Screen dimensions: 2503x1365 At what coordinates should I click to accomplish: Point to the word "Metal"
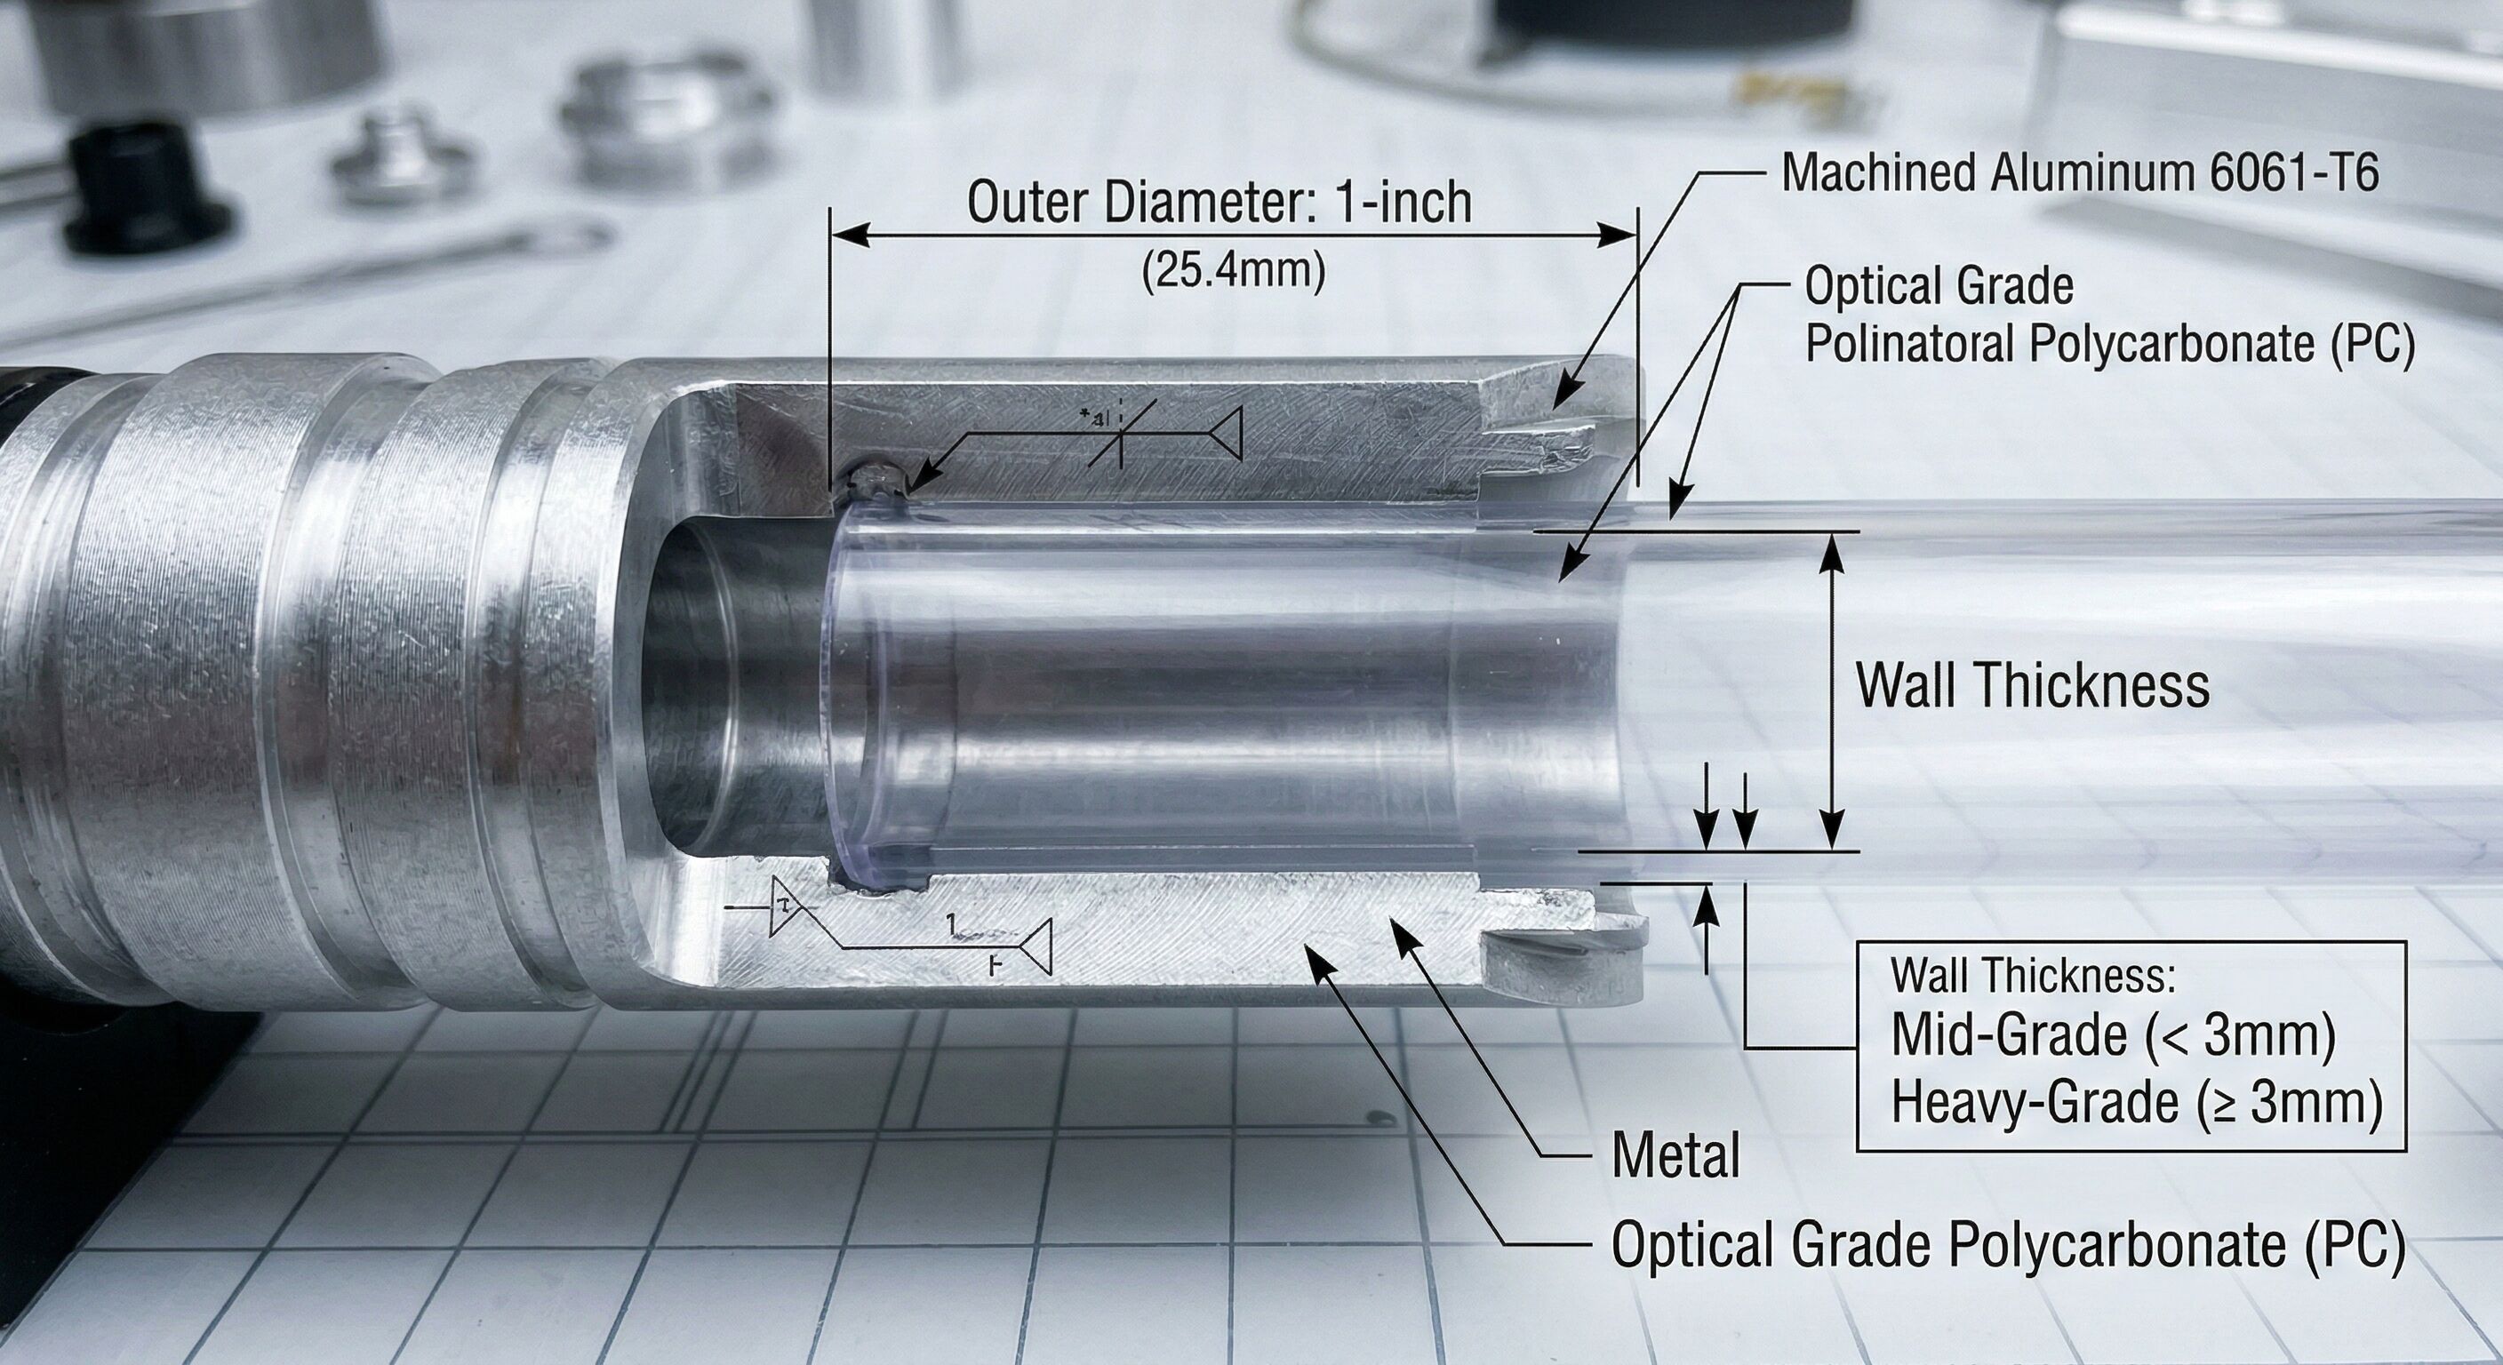click(x=1676, y=1156)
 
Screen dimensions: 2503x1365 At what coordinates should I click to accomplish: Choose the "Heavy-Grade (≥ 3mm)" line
click(x=2137, y=1102)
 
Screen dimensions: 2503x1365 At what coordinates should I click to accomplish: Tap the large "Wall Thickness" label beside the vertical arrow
click(x=2033, y=685)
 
